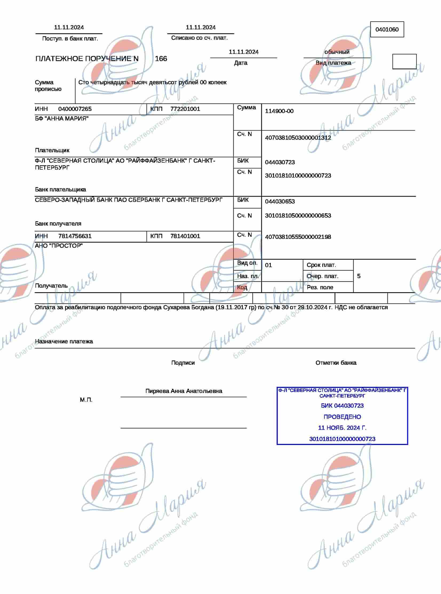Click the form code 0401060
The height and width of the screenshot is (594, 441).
coord(387,30)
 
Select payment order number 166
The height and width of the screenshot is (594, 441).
coord(161,59)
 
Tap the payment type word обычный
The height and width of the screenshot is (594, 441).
coord(337,52)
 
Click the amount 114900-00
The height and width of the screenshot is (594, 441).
coord(279,111)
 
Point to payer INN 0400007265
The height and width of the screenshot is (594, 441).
coord(75,109)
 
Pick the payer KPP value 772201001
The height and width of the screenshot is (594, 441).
coord(185,109)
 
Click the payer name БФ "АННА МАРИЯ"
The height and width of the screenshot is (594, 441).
coord(62,119)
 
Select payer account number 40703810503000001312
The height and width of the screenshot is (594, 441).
coord(298,138)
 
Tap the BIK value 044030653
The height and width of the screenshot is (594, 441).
coord(280,202)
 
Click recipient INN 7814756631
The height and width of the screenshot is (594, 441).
coord(75,236)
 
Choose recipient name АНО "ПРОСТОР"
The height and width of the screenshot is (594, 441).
coord(59,246)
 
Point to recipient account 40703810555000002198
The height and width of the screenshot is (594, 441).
coord(298,237)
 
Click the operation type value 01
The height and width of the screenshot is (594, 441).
coord(268,265)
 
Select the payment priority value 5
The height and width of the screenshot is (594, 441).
coord(359,276)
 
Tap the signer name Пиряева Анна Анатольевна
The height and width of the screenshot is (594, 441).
coord(184,391)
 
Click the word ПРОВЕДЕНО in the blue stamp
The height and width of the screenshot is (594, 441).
coord(342,417)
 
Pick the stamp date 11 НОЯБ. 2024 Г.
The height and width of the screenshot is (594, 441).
coord(342,428)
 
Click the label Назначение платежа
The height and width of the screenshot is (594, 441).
coord(64,342)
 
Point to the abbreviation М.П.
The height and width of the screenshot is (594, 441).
coord(86,400)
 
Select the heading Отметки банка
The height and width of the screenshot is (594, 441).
coord(336,363)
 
